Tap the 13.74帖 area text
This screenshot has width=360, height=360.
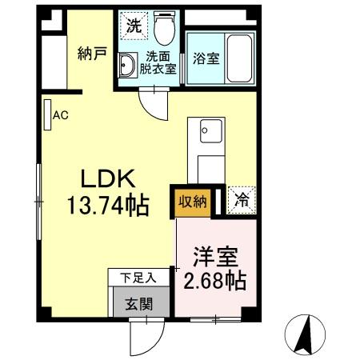(106, 206)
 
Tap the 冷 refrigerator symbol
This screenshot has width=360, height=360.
(241, 201)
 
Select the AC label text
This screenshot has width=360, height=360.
(61, 115)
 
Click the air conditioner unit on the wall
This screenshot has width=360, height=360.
(47, 114)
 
